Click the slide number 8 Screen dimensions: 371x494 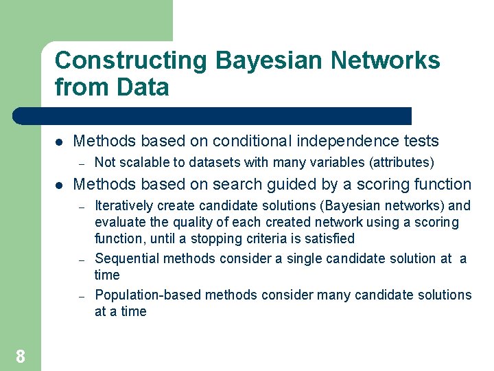click(21, 356)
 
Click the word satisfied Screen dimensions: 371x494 click(329, 239)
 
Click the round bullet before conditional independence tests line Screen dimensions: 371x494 click(60, 142)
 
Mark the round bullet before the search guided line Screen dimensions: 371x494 click(60, 185)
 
